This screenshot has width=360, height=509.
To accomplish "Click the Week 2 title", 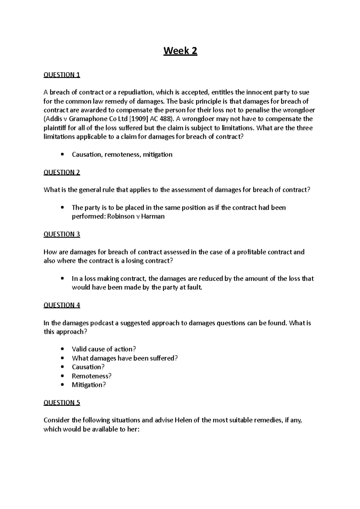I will coord(180,51).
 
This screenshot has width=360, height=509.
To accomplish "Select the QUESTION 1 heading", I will coord(62,75).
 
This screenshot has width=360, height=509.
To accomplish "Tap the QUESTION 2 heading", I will coord(62,172).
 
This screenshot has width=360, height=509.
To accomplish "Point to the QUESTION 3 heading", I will coord(62,234).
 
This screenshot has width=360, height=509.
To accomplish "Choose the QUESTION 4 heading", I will coord(62,305).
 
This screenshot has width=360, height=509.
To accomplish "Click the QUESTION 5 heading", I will coord(62,403).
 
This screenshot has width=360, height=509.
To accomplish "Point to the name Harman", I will coord(153,216).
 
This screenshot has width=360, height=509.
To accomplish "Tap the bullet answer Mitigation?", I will coord(89,385).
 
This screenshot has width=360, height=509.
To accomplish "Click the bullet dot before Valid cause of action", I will coord(62,349).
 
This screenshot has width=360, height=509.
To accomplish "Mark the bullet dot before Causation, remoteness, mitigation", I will coord(62,155).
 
